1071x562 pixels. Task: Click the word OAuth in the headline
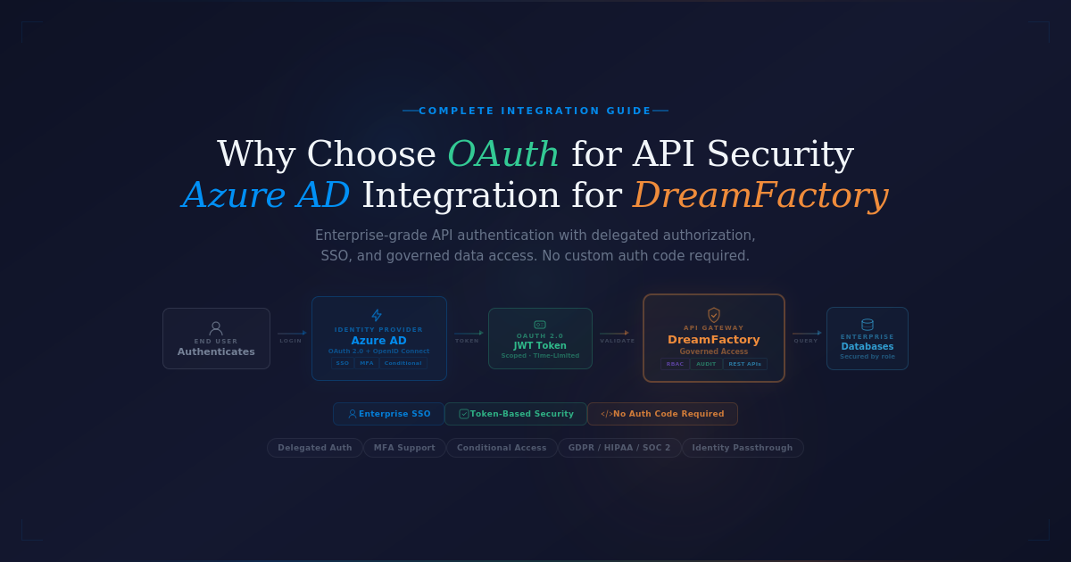click(x=502, y=154)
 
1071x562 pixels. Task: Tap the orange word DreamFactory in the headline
click(x=760, y=195)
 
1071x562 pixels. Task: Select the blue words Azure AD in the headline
click(x=266, y=195)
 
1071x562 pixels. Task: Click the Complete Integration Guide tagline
click(x=535, y=111)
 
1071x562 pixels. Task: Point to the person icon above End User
click(x=216, y=327)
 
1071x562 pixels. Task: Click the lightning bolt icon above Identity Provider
click(x=377, y=315)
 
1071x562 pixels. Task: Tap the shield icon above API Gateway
click(x=714, y=315)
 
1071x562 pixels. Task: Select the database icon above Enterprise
click(x=868, y=325)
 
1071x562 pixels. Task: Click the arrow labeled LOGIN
click(x=291, y=333)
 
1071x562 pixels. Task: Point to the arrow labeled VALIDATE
click(x=614, y=333)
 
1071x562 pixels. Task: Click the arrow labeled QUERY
click(x=807, y=333)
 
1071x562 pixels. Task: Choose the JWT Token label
click(x=540, y=345)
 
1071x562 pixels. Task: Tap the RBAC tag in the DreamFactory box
click(x=675, y=364)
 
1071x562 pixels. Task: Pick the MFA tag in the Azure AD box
click(x=367, y=363)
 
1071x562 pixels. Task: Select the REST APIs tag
click(x=745, y=364)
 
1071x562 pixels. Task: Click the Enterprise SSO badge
click(x=388, y=414)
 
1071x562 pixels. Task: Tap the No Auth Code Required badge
click(x=662, y=414)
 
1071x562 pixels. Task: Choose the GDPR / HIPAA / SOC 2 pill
click(x=619, y=448)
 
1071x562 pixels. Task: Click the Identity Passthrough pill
click(x=743, y=448)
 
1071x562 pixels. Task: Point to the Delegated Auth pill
click(x=315, y=448)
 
